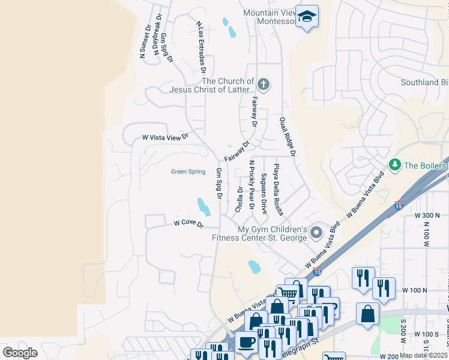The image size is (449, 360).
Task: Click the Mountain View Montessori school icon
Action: point(307,17)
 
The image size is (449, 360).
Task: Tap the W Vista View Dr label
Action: point(165,137)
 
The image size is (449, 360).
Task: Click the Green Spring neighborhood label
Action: point(188,172)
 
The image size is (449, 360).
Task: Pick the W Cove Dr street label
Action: point(188,224)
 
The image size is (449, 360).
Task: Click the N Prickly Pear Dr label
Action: point(252,185)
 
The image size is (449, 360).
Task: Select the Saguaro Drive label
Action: point(264,193)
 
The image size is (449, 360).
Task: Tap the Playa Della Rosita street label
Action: point(277,190)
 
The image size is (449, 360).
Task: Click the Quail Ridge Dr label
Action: point(287,137)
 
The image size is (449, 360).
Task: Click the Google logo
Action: point(20,353)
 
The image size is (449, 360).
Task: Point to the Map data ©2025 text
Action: point(424,355)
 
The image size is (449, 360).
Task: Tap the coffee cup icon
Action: point(246,343)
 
